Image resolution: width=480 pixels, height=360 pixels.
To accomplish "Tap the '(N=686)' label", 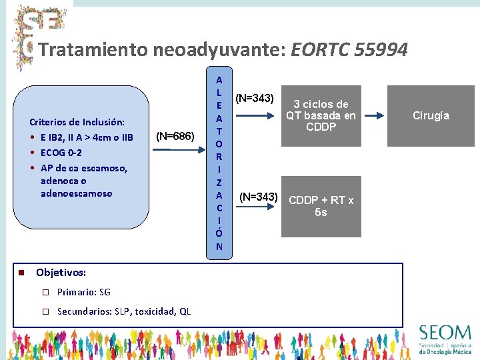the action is (175, 137).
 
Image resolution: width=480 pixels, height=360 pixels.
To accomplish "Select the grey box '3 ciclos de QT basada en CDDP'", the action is (321, 116).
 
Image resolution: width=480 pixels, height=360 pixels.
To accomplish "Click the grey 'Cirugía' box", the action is (431, 116).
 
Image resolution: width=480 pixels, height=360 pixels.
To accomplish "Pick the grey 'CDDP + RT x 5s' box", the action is (321, 207).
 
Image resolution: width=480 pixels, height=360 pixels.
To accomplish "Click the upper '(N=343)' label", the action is (254, 99).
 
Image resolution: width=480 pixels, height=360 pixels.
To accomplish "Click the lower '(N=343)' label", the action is (258, 197).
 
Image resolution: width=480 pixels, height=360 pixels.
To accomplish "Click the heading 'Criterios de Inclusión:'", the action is (77, 122).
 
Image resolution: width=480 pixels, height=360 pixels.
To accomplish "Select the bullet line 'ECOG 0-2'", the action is (61, 153).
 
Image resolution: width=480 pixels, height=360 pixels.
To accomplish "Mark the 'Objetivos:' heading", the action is (61, 273).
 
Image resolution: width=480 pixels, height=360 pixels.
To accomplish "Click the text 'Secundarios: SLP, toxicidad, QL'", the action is (124, 311).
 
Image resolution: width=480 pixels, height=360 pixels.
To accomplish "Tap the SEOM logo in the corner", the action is (445, 339).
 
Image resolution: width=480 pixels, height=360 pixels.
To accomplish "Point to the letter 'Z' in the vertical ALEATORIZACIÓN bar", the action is (219, 182).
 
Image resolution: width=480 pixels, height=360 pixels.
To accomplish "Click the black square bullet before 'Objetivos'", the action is (21, 273).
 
